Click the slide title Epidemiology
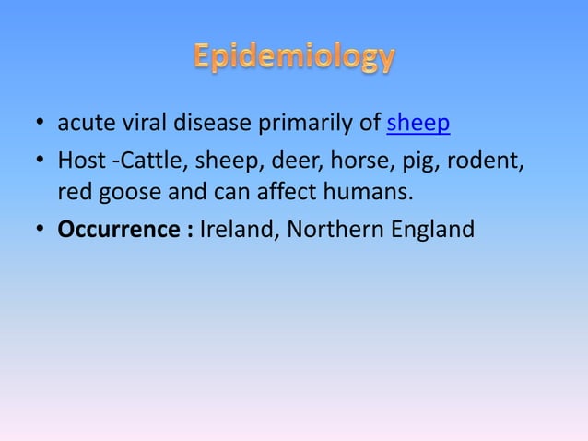coord(294,58)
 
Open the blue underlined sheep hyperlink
coord(418,123)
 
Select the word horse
coord(353,162)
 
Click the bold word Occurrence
coord(120,228)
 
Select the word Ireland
coord(235,228)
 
